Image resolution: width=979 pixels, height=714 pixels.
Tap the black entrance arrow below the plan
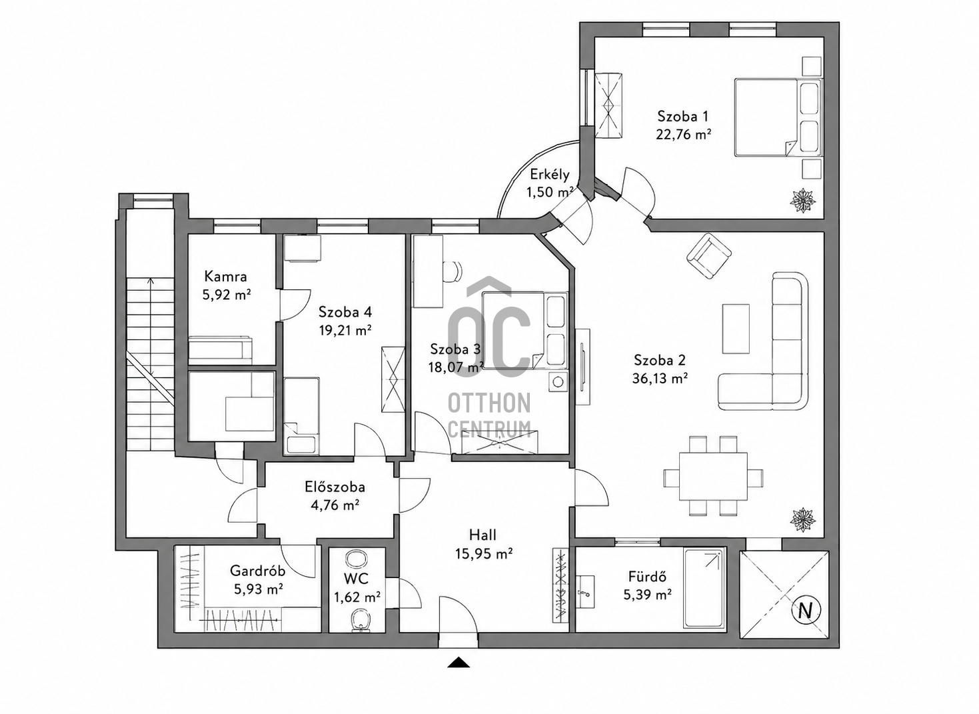[459, 663]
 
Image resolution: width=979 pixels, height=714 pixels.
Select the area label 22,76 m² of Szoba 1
[682, 134]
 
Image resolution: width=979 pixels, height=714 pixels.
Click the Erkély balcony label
[550, 175]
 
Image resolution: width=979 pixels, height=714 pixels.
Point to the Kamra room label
[225, 276]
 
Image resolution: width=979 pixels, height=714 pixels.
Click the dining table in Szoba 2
[713, 477]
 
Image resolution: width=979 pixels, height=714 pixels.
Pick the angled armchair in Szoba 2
[709, 255]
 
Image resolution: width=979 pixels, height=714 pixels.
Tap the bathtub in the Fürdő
[704, 588]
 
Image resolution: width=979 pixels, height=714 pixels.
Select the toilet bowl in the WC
[361, 621]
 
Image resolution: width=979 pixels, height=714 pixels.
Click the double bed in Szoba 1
[778, 117]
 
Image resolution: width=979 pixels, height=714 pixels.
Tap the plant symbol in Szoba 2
[803, 520]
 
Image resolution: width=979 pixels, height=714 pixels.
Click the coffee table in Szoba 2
[736, 329]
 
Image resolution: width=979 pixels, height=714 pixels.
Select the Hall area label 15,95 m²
[484, 554]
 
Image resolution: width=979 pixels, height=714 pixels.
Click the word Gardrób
[258, 571]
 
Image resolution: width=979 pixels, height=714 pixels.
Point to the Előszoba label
[335, 487]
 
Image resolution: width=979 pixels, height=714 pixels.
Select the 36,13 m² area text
[660, 378]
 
